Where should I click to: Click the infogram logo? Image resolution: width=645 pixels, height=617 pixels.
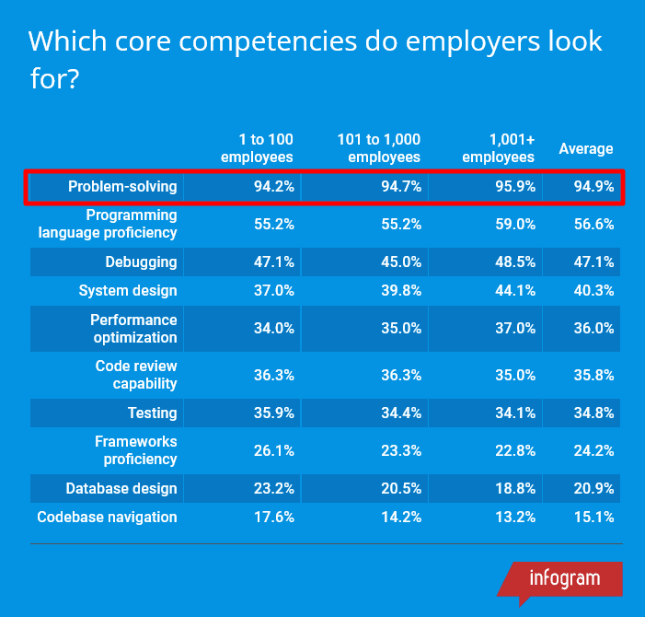pos(564,579)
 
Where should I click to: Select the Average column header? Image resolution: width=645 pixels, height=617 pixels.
pos(586,149)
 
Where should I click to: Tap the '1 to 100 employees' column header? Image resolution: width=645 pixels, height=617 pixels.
pos(258,148)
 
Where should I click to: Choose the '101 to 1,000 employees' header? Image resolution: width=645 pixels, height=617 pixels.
pos(378,148)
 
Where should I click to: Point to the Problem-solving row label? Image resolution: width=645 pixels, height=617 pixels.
pos(122,187)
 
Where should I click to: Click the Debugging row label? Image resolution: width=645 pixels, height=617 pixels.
pos(141,262)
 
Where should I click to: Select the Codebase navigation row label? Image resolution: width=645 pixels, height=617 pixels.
pos(107,517)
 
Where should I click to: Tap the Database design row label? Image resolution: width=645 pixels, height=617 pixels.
pos(121,488)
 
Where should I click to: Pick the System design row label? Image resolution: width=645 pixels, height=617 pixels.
pos(128,291)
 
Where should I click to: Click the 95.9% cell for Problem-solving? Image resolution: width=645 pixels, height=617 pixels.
pos(517,187)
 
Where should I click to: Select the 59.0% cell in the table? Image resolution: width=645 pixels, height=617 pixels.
pos(517,224)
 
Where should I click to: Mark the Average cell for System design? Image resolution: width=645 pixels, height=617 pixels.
pos(593,291)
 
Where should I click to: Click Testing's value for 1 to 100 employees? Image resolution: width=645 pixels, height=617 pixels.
pos(274,413)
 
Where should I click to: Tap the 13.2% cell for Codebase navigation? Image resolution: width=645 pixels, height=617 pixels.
pos(517,517)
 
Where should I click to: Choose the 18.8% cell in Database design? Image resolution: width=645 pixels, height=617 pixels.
pos(517,488)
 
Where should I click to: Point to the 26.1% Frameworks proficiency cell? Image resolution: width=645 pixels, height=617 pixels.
pos(274,450)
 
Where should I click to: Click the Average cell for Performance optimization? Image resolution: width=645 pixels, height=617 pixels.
pos(593,329)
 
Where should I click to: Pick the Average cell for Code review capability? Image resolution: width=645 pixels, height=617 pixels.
pos(593,375)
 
